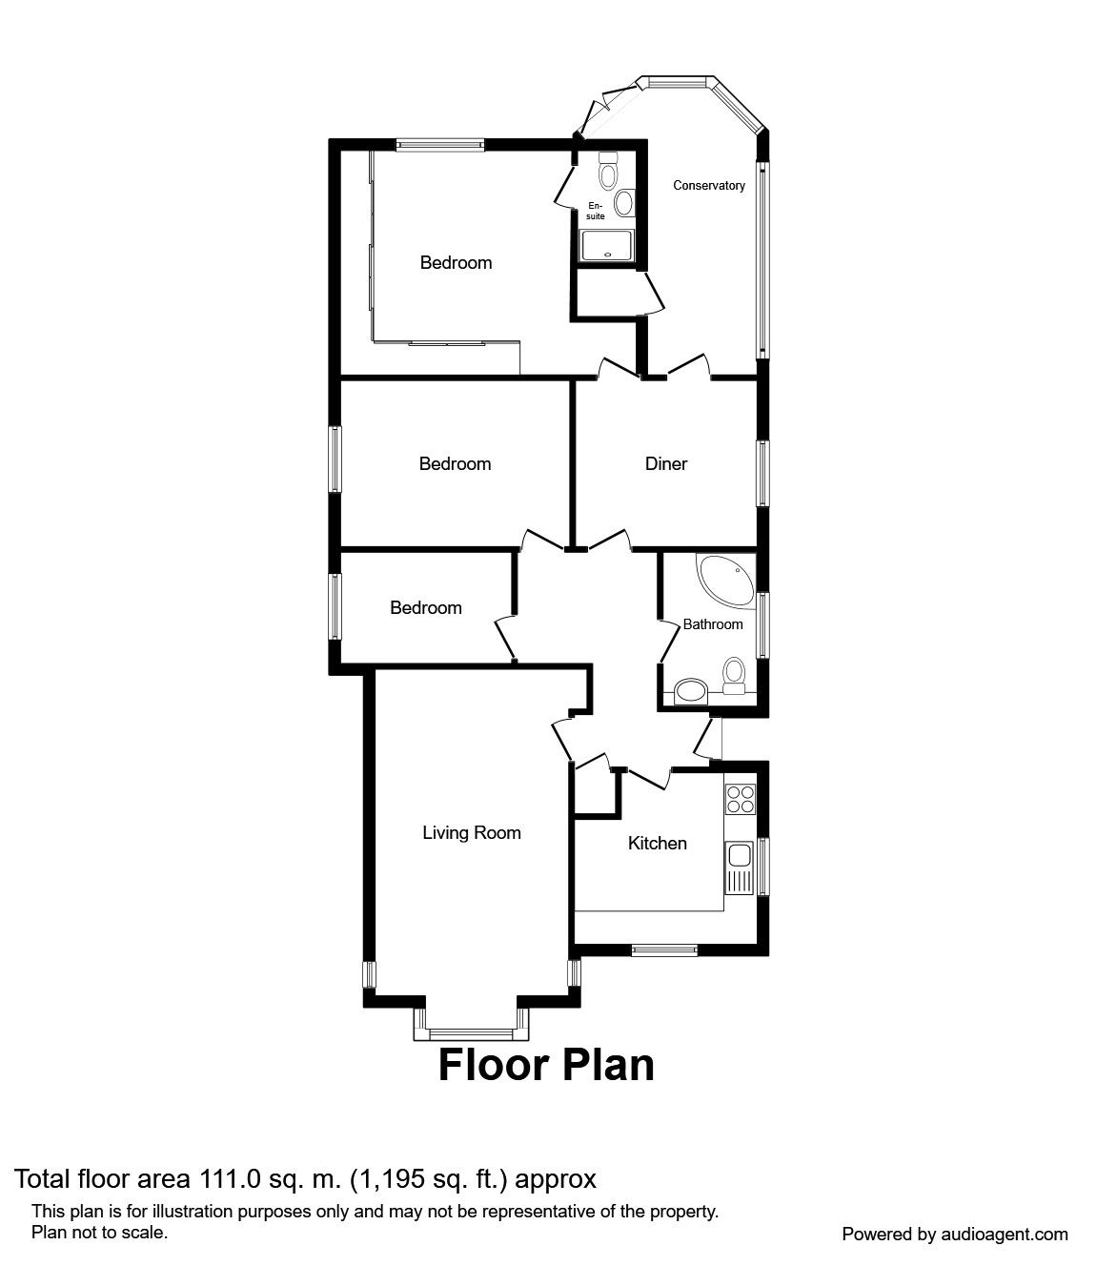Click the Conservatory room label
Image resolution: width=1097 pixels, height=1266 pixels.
(709, 185)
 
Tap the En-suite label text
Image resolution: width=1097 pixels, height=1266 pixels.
(596, 211)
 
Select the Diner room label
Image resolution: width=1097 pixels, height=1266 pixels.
(666, 463)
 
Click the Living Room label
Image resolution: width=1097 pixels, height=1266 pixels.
(472, 832)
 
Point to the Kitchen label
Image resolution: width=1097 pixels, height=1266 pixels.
(658, 843)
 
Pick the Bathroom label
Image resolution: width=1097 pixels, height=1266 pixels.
(713, 624)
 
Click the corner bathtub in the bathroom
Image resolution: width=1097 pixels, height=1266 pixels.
(725, 582)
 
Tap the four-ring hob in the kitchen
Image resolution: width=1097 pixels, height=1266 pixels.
(740, 799)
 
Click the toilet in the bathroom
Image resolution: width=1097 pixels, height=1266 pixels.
(733, 676)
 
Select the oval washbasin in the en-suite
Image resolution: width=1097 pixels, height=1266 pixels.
(624, 203)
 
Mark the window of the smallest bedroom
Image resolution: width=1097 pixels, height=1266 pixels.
(335, 606)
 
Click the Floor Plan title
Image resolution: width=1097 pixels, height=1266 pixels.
(546, 1084)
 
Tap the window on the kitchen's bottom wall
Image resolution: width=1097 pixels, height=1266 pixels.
(664, 949)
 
